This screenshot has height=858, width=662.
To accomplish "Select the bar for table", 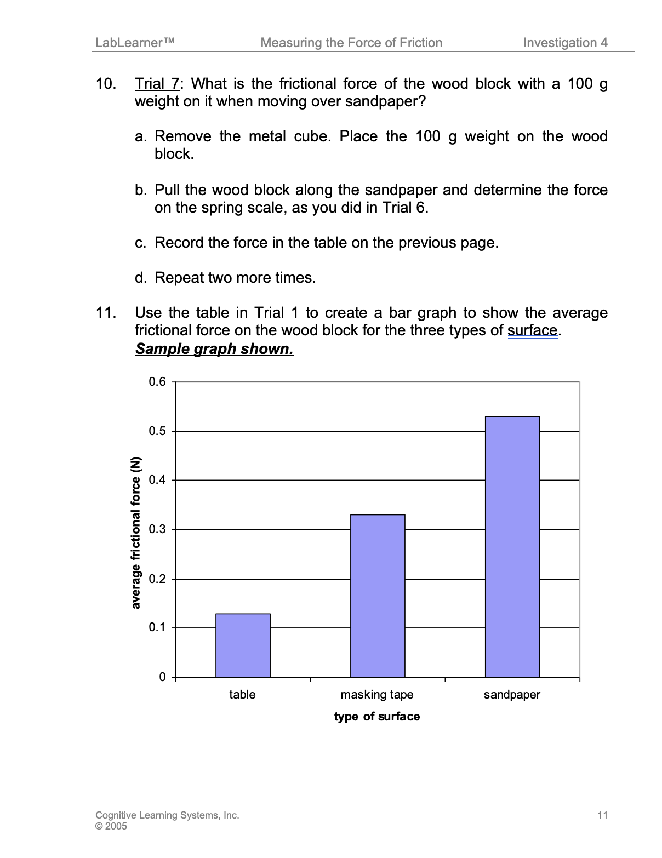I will tap(243, 645).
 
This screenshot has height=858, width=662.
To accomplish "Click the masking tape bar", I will tap(378, 596).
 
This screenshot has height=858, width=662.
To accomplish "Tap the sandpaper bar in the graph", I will tap(512, 547).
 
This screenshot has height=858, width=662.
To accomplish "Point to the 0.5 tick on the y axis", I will tap(157, 431).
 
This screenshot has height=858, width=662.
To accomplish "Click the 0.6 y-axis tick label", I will tap(157, 382).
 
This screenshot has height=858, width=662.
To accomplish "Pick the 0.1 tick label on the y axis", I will tap(157, 627).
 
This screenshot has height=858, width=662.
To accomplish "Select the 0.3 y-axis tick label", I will tap(157, 529).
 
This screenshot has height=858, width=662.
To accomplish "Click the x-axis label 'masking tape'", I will tap(377, 695).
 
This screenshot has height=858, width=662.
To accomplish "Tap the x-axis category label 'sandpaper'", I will tap(512, 695).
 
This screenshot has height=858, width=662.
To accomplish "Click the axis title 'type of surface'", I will tap(377, 717).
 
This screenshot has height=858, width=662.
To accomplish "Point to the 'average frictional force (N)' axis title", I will tap(136, 533).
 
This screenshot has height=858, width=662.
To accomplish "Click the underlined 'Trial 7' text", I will tap(157, 84).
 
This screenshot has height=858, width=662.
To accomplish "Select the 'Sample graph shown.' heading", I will tap(214, 349).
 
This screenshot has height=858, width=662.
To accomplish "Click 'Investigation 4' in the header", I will tap(565, 43).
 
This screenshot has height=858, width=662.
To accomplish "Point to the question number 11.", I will tap(106, 313).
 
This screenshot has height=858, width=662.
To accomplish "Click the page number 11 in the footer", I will tap(602, 815).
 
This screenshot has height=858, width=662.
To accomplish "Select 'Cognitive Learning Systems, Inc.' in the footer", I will tap(167, 815).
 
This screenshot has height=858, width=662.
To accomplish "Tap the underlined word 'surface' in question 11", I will tap(533, 330).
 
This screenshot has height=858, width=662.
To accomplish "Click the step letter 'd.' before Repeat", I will tap(141, 278).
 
